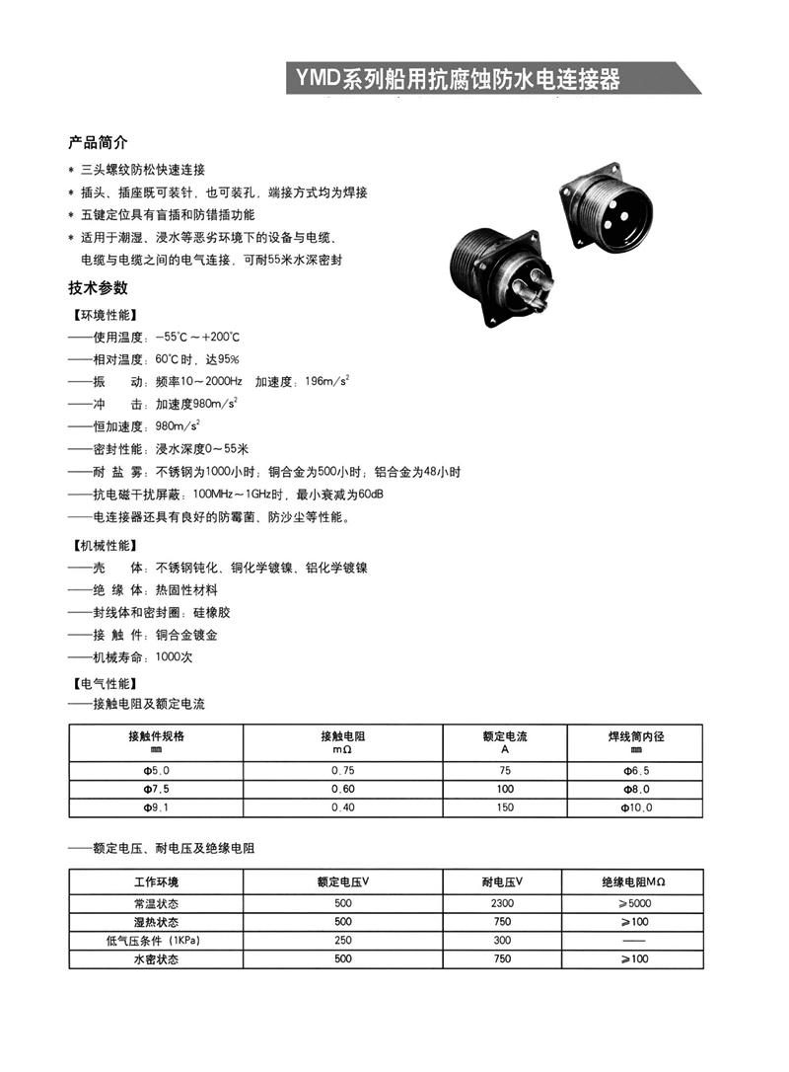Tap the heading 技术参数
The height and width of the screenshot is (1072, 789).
(x=98, y=288)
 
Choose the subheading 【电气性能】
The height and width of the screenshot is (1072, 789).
(x=106, y=683)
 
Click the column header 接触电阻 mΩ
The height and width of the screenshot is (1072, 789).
(x=343, y=742)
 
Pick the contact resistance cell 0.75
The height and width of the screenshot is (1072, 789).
(x=343, y=769)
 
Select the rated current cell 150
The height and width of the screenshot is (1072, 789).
(x=506, y=807)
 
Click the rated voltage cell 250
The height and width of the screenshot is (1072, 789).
(x=343, y=941)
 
